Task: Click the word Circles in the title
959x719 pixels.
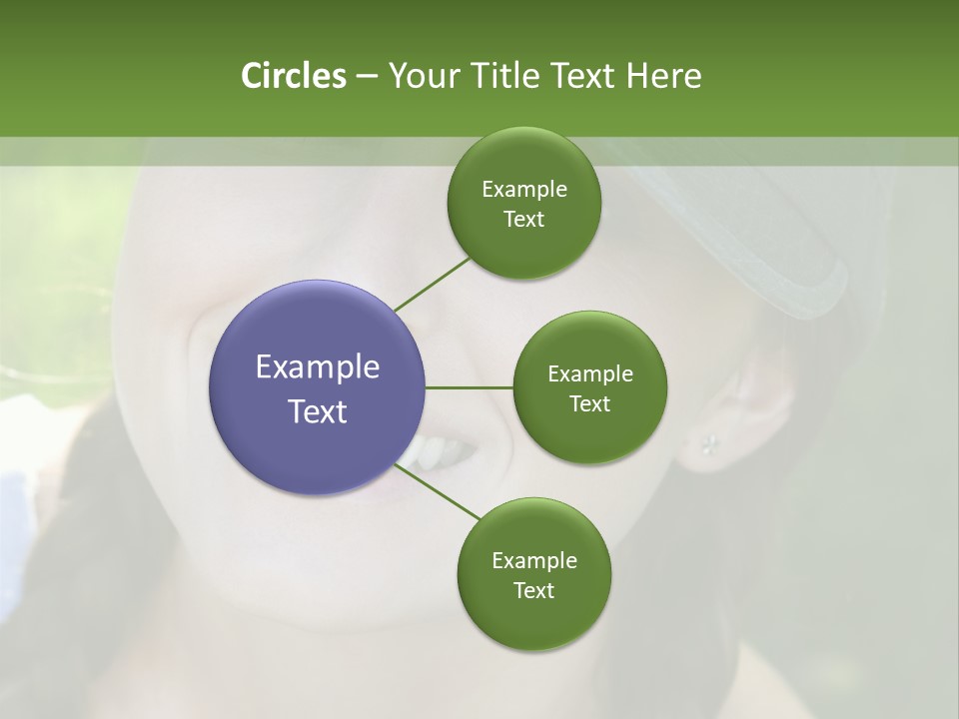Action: tap(293, 76)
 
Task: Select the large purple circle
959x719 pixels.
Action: tap(317, 386)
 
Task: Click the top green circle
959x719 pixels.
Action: tap(523, 203)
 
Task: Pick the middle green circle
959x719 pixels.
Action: tap(589, 387)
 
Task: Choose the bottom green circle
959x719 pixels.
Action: tap(533, 574)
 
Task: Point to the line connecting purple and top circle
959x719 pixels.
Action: tap(433, 285)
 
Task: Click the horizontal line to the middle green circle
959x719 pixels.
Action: tap(470, 387)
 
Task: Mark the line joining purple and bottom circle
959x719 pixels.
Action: tap(440, 492)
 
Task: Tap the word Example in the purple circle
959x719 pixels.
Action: tap(317, 367)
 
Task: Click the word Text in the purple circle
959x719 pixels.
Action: tap(317, 411)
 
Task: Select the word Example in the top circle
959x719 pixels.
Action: tap(523, 190)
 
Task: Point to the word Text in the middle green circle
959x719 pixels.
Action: tap(589, 403)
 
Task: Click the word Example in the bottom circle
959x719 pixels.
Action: tap(533, 560)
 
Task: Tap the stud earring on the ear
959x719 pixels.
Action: tap(710, 442)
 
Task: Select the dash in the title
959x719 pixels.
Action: tap(366, 77)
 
